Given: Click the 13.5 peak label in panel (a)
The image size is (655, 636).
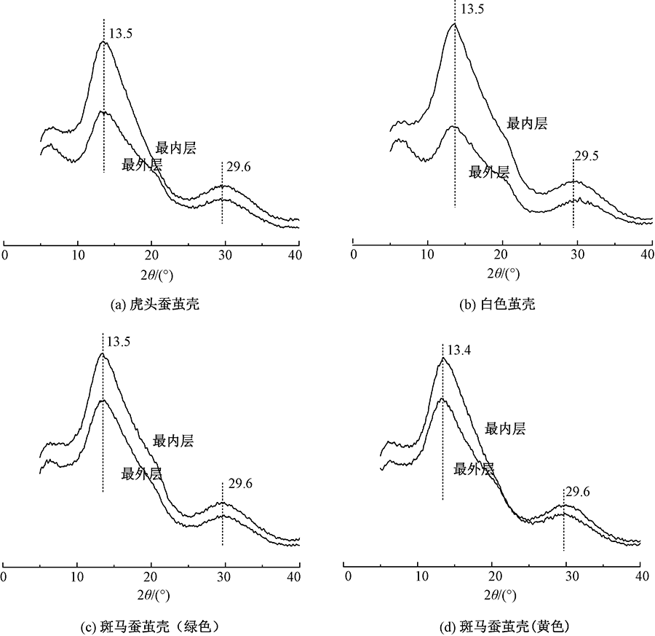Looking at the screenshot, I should pyautogui.click(x=120, y=34).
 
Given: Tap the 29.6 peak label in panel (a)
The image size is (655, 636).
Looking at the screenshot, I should pyautogui.click(x=238, y=168).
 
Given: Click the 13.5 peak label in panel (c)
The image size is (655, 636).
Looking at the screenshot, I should pyautogui.click(x=119, y=340).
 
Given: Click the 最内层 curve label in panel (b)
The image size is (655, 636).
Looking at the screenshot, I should pyautogui.click(x=527, y=123).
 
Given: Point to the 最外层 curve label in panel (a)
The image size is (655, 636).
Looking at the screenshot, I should pyautogui.click(x=142, y=165).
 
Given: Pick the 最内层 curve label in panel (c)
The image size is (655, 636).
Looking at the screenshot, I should pyautogui.click(x=173, y=441).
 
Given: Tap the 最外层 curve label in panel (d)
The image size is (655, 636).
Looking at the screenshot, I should pyautogui.click(x=474, y=468).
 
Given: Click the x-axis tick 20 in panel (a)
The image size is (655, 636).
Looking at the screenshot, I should pyautogui.click(x=151, y=254).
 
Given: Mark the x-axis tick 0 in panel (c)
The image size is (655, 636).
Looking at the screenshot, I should pyautogui.click(x=5, y=576).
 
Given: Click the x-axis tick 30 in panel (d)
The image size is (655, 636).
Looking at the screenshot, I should pyautogui.click(x=565, y=576).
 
